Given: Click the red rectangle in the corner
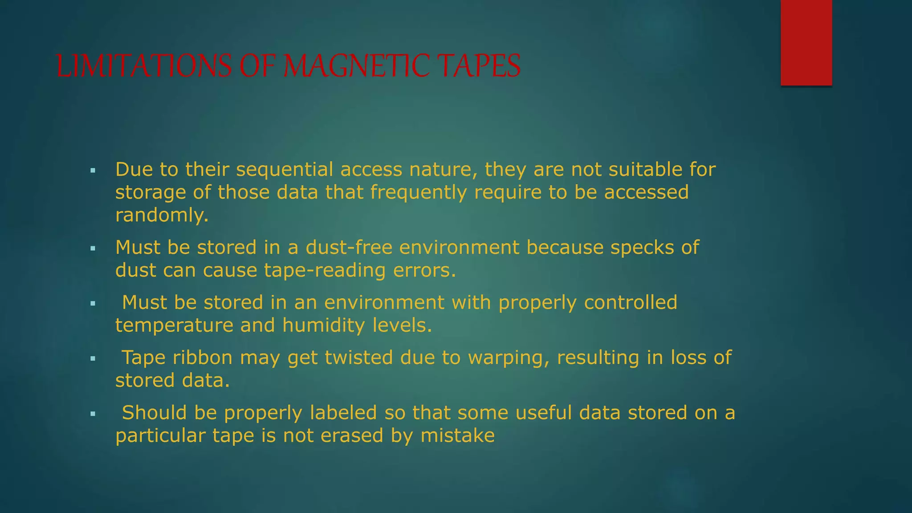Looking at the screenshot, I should click(806, 42).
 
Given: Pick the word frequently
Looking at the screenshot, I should click(419, 193).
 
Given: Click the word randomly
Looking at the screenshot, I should click(162, 216).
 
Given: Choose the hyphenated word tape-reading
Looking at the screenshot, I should click(325, 270).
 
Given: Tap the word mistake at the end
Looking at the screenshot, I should click(458, 436).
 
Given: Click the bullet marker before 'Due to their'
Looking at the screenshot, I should click(93, 170).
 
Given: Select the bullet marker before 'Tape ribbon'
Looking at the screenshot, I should click(93, 358).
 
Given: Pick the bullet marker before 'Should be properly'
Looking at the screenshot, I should click(93, 413).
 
